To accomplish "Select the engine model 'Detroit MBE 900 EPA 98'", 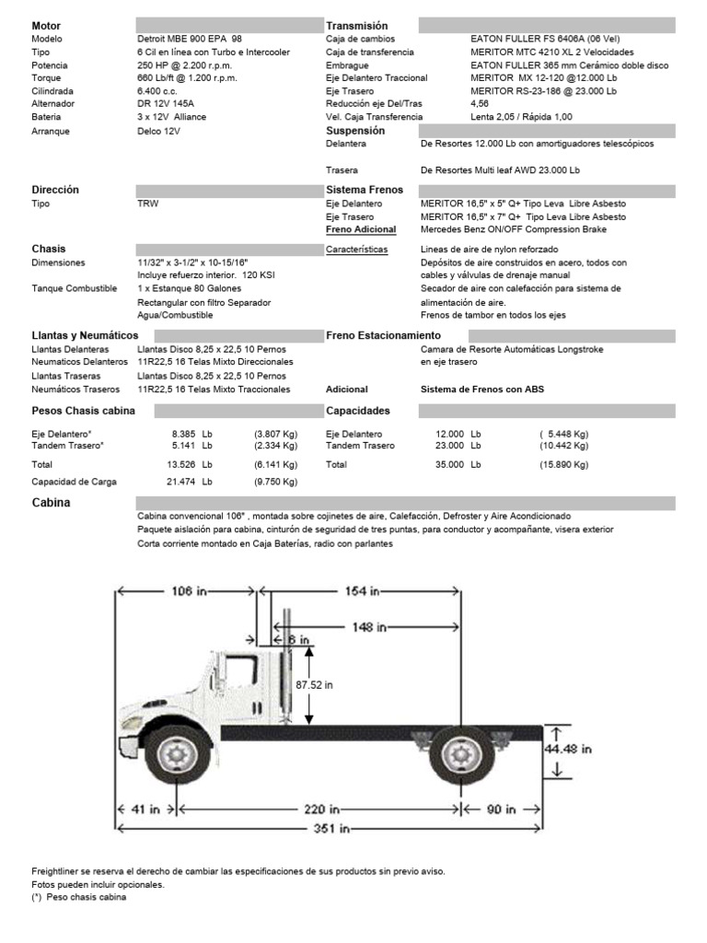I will pyautogui.click(x=191, y=40).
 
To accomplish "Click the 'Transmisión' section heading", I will pyautogui.click(x=357, y=26).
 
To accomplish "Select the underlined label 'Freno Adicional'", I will pyautogui.click(x=361, y=229).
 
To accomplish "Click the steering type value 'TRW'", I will pyautogui.click(x=146, y=204).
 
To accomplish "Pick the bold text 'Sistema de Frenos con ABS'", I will pyautogui.click(x=481, y=390).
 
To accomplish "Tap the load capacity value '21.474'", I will pyautogui.click(x=184, y=482).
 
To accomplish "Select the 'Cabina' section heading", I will pyautogui.click(x=51, y=503).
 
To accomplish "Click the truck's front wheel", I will pyautogui.click(x=175, y=756).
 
